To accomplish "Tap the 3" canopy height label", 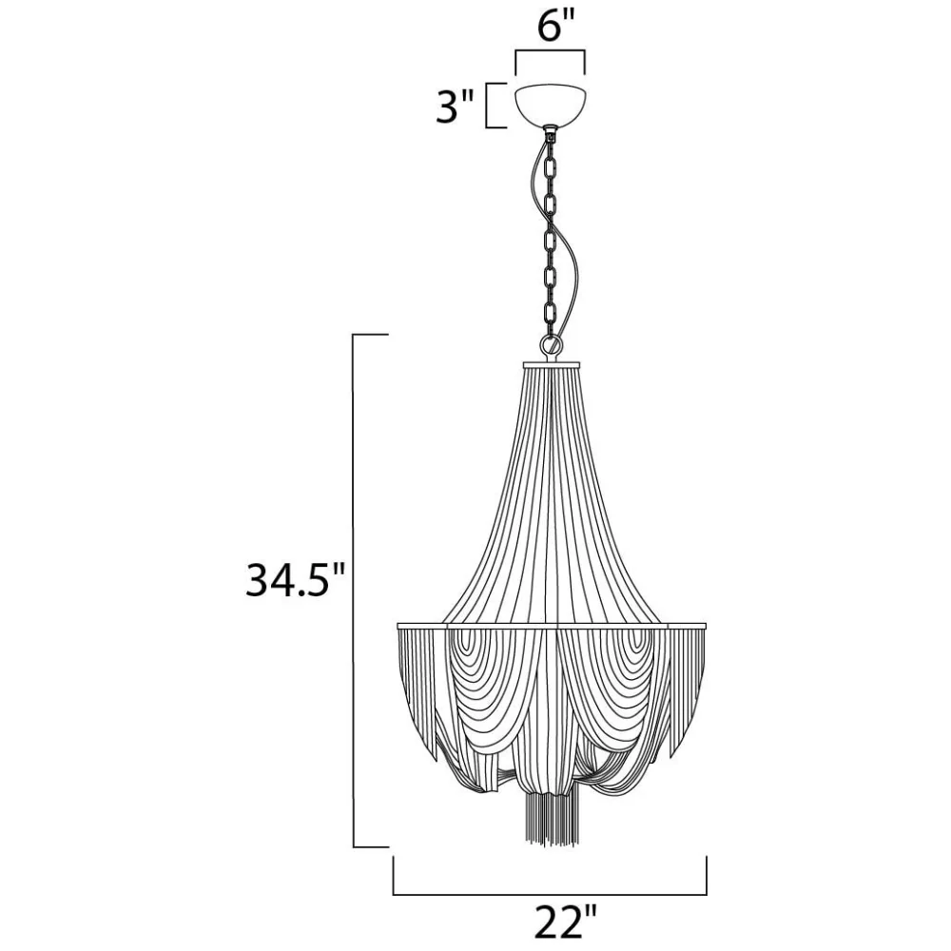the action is point(455,107).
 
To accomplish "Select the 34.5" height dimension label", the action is point(296,580).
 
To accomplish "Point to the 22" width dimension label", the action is point(566,922).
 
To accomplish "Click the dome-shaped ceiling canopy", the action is point(550,105).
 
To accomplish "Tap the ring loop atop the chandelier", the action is point(552,347).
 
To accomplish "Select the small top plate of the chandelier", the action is point(552,364).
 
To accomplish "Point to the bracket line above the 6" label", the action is point(550,51).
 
